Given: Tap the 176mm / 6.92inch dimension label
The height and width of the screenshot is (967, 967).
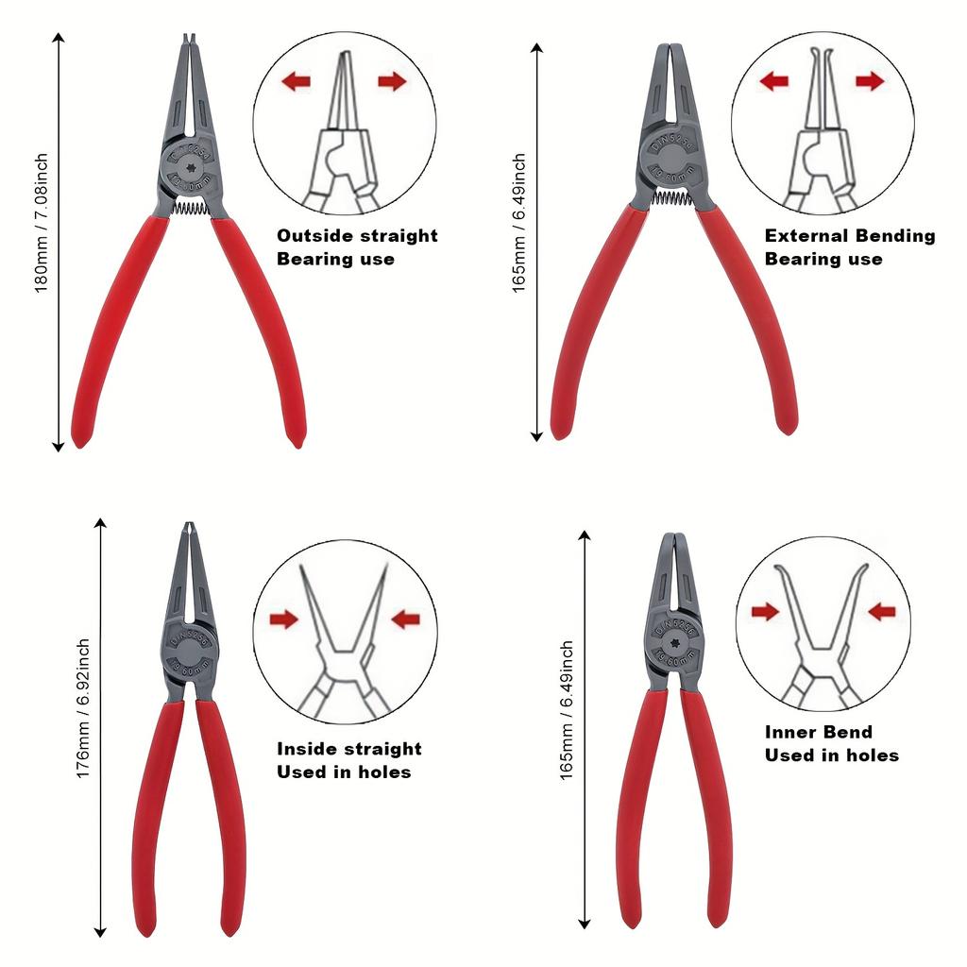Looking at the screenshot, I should (x=84, y=708).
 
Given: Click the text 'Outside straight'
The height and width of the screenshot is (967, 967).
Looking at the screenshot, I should (x=357, y=235).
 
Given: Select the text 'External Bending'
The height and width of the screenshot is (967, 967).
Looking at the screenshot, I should (x=850, y=235).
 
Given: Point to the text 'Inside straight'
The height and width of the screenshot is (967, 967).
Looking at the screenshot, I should (x=349, y=749).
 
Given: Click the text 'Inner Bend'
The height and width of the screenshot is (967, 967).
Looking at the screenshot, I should (x=819, y=732).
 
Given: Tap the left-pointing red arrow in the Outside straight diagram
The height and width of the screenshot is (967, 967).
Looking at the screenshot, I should (x=296, y=82).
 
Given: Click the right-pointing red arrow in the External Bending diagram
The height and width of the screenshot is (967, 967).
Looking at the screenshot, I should (x=870, y=82).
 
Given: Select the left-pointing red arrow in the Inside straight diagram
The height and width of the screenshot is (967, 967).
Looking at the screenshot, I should (x=405, y=619).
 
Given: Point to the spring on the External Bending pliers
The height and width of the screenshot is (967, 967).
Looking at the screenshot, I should (x=672, y=198).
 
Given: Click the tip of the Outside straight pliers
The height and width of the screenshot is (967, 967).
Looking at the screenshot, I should (x=189, y=40).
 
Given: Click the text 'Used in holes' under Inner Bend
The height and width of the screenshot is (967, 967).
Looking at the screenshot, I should (x=831, y=755).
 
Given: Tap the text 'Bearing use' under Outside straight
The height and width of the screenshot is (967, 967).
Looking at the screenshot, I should (x=335, y=259).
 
